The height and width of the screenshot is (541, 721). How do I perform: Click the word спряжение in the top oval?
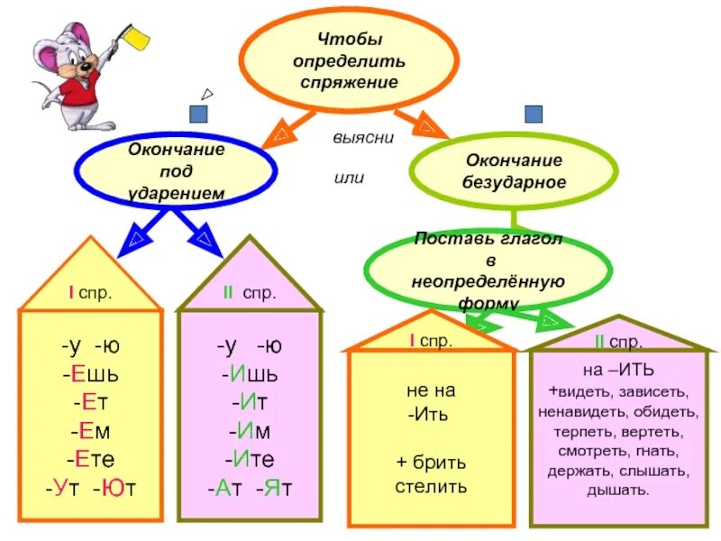[x=350, y=80]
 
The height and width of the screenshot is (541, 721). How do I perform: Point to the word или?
[x=349, y=178]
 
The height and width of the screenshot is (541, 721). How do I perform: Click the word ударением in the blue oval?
[x=177, y=192]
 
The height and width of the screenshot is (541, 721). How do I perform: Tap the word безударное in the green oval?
[x=516, y=182]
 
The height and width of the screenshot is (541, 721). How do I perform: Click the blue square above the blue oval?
[x=198, y=114]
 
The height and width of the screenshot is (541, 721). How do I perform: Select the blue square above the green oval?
[x=534, y=114]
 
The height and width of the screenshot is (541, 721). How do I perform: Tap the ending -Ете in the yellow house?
[x=90, y=459]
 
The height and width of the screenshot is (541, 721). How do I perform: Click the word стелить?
[x=431, y=487]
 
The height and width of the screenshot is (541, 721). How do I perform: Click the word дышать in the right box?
[x=617, y=491]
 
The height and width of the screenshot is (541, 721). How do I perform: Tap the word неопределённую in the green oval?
[x=488, y=280]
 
